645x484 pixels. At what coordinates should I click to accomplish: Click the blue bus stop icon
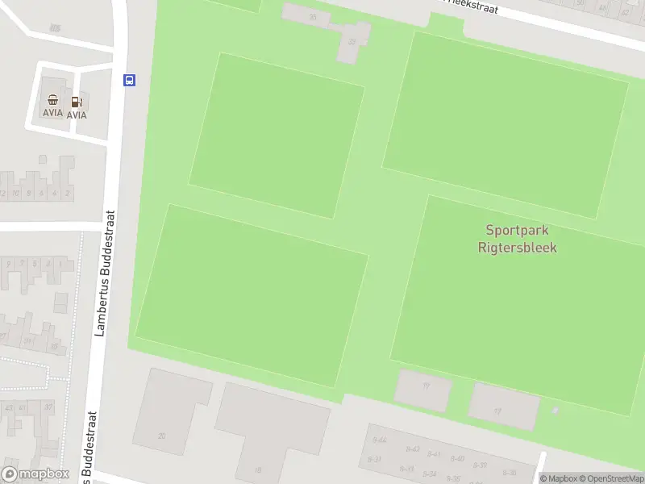pos(129,79)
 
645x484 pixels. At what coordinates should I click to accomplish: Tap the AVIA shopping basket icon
pos(53,101)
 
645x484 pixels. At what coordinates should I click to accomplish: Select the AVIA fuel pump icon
pos(77,102)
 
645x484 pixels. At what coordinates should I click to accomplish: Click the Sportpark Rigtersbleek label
pos(521,239)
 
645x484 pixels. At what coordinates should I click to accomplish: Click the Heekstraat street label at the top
pos(472,7)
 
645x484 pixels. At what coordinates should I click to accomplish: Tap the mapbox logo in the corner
pos(35,474)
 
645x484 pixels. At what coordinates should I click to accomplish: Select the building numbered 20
pos(161,436)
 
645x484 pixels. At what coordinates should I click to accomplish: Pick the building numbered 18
pos(258,469)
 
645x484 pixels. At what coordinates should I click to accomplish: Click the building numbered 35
pos(312,16)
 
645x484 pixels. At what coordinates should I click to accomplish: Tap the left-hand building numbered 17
pos(425,386)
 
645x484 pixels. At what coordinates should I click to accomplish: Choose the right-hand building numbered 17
pos(497,411)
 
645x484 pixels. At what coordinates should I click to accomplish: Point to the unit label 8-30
pos(509,473)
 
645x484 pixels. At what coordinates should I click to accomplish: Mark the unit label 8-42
pos(414,449)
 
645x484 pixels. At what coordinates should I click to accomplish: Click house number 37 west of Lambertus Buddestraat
pos(48,407)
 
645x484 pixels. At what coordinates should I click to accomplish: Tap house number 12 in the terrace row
pos(4,194)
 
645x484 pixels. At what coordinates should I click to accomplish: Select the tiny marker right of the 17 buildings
pos(554,411)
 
